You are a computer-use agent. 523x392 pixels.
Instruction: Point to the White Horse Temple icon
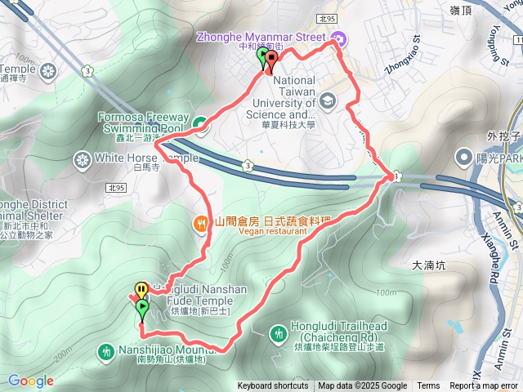pos(82,158)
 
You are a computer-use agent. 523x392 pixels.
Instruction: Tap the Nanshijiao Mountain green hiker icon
pos(105,352)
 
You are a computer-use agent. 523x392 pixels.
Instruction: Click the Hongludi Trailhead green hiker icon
pos(278,332)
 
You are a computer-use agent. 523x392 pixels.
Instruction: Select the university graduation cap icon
pos(328,100)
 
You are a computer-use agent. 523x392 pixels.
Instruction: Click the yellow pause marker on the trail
pos(141,288)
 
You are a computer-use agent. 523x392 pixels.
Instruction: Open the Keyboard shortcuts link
pos(273,386)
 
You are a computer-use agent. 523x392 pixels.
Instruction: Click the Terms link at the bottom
pos(428,386)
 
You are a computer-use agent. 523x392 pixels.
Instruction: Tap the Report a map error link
pos(485,386)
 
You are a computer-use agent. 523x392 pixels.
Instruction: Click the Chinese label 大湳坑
pos(430,265)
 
